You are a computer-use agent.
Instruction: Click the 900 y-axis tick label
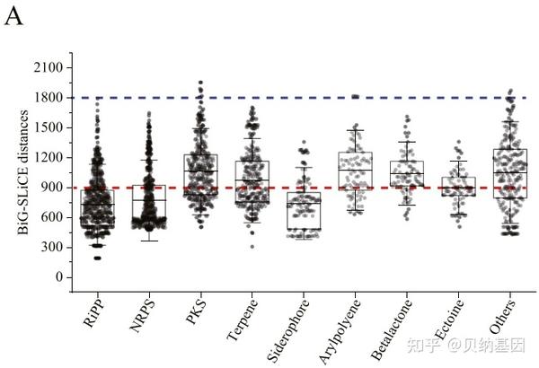pyautogui.click(x=49, y=188)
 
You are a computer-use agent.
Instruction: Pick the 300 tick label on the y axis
pyautogui.click(x=49, y=247)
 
